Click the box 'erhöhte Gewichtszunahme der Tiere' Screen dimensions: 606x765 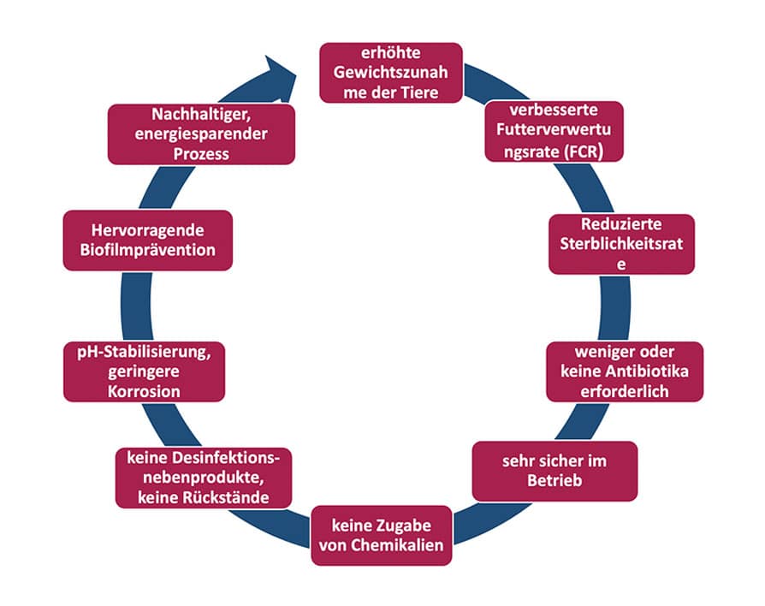coord(391,73)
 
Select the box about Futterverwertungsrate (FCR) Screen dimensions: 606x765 coord(554,131)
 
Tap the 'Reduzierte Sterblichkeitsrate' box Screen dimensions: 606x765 coord(621,244)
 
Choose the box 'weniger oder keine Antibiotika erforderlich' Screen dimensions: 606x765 coord(625,371)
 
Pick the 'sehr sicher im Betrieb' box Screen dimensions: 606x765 coord(554,471)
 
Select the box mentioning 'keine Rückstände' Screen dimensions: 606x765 coord(204,477)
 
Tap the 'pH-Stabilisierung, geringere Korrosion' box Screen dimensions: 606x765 coord(145,371)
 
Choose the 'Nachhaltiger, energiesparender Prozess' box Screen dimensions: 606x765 coord(201,134)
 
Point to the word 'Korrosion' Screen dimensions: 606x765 coord(145,391)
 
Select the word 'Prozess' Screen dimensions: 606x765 coord(201,153)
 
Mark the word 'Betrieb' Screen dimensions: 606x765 coord(554,481)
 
